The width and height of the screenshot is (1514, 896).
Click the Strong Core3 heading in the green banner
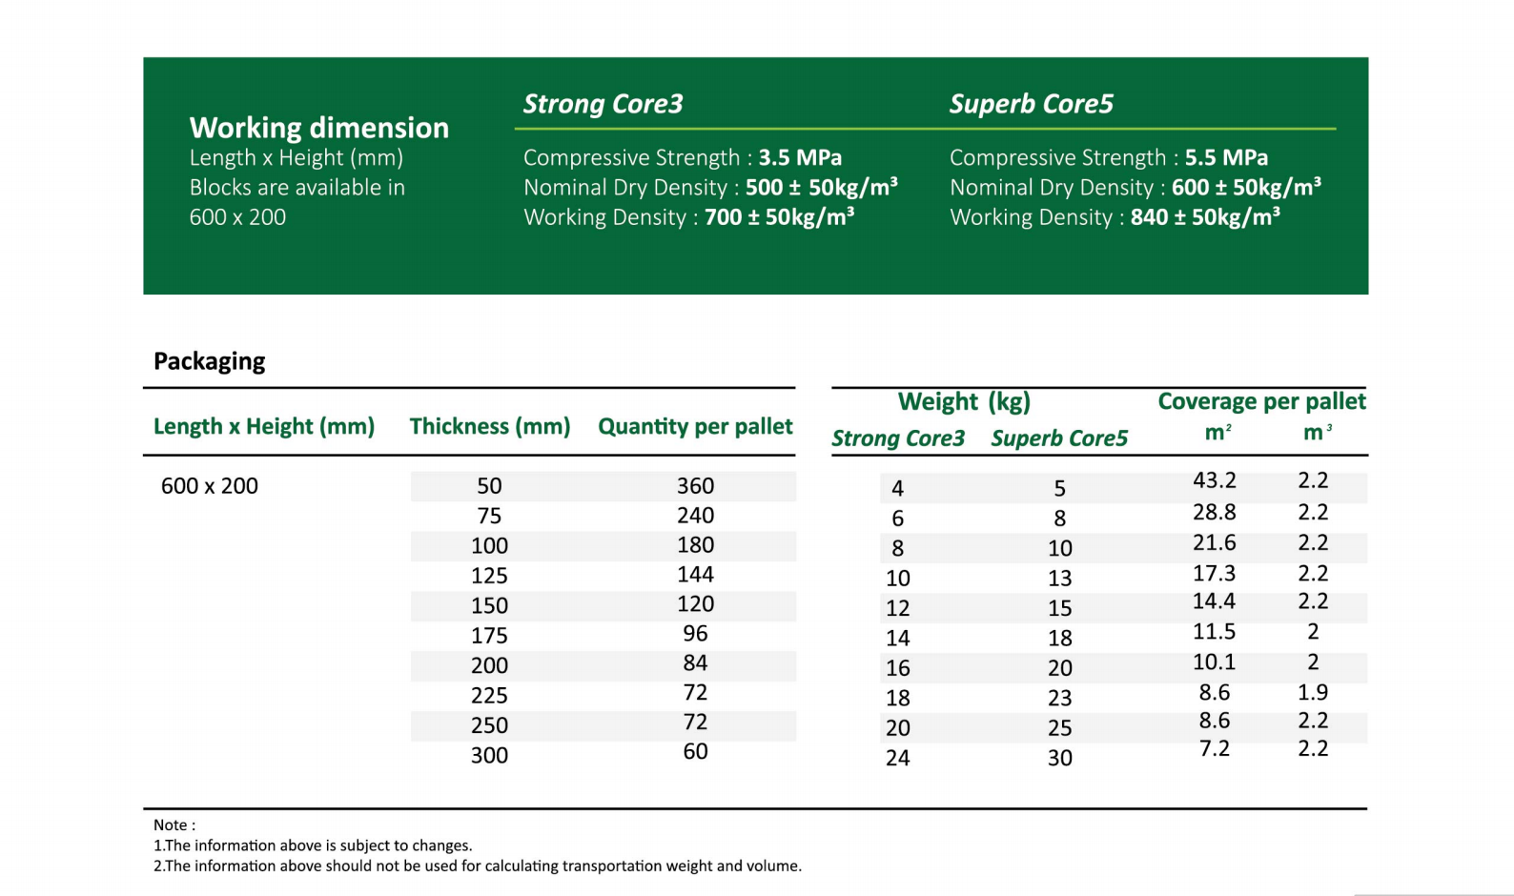tap(603, 104)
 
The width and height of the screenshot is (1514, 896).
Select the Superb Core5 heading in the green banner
tap(1031, 104)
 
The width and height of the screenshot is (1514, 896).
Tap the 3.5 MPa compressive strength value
tap(799, 157)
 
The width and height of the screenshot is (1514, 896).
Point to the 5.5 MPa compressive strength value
tap(1225, 157)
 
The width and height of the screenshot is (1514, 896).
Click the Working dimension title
tap(318, 128)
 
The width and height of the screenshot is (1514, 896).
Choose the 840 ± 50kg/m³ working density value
tap(1204, 217)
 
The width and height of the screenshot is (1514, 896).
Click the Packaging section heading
tap(209, 361)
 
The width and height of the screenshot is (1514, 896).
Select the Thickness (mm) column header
tap(489, 426)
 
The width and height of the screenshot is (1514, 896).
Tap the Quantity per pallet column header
tap(695, 426)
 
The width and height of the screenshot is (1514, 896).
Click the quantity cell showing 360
tap(695, 486)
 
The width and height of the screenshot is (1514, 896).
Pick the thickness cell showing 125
tap(489, 576)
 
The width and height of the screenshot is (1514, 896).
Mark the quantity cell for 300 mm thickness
tap(695, 752)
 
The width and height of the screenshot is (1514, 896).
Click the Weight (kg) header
tap(964, 401)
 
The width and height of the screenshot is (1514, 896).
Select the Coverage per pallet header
tap(1260, 401)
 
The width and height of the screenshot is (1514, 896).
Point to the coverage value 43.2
tap(1214, 480)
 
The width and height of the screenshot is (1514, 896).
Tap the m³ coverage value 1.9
tap(1312, 693)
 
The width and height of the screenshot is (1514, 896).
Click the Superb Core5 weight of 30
tap(1059, 758)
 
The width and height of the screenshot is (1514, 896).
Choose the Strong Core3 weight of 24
tap(897, 758)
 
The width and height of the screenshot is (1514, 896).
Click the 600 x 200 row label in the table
tap(209, 486)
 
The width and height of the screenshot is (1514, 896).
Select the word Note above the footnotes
tap(171, 825)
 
